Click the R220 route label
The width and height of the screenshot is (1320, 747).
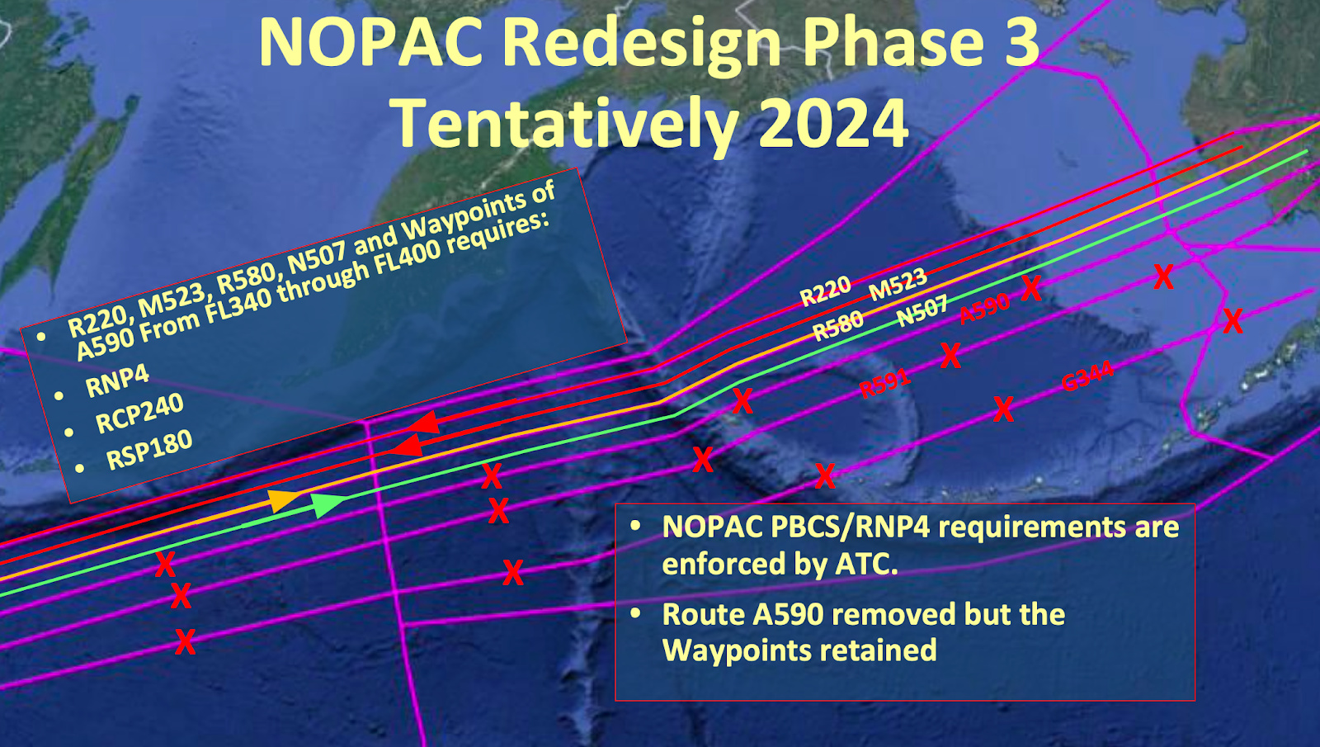(825, 291)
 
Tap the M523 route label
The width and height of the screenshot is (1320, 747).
(898, 284)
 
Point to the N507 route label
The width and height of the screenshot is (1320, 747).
(922, 312)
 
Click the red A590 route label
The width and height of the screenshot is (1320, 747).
(984, 308)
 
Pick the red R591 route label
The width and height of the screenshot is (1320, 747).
(884, 383)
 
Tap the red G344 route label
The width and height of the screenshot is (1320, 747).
(1087, 376)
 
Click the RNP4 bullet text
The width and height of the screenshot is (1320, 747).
(117, 381)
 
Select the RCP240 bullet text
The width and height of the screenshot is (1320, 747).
(139, 414)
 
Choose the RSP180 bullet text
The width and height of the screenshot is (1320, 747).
(149, 450)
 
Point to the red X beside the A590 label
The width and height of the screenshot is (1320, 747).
(1031, 288)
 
